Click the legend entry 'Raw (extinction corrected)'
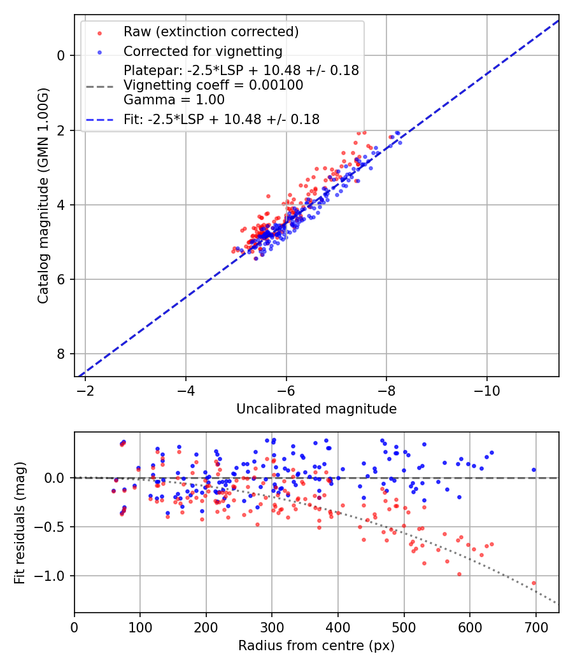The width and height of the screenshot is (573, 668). [211, 32]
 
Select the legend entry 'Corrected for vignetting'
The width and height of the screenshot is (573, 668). [203, 51]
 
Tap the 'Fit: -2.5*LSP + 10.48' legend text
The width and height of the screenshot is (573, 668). [222, 119]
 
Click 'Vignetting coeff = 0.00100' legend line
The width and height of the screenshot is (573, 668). [213, 85]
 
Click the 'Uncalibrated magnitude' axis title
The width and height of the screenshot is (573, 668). [316, 409]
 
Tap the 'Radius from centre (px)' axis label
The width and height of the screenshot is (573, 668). [316, 646]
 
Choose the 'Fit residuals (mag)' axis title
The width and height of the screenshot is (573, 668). [20, 523]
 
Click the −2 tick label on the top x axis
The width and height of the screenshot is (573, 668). [85, 389]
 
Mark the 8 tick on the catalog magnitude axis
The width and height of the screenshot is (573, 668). [60, 354]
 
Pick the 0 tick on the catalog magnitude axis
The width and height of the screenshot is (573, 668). [60, 55]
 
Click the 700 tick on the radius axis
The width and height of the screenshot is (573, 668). [535, 626]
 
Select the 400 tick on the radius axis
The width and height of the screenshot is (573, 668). [338, 626]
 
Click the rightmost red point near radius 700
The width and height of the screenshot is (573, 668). [534, 583]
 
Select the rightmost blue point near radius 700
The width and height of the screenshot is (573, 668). [534, 470]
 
